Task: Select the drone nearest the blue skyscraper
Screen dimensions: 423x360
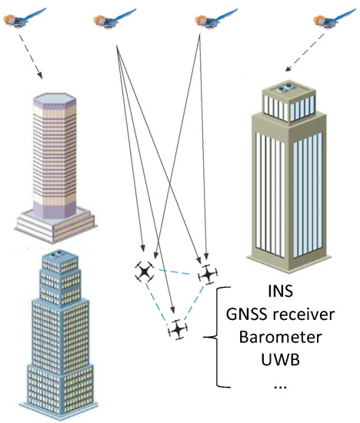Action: point(144,271)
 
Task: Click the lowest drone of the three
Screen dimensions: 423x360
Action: point(178,330)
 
